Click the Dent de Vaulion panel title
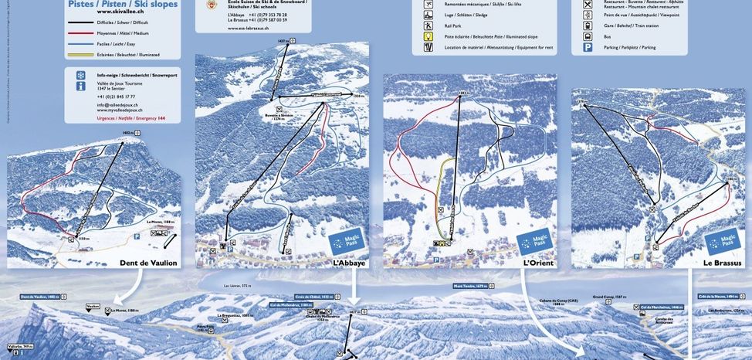(148, 263)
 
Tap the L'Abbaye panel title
(349, 263)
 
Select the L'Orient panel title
(540, 263)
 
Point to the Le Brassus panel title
(723, 263)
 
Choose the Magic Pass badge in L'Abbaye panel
(347, 243)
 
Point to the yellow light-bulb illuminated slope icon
(428, 36)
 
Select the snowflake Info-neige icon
(80, 75)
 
